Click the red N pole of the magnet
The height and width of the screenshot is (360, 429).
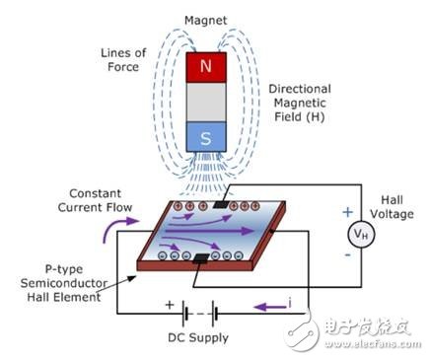pos(206,67)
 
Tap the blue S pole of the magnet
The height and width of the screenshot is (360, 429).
pos(206,137)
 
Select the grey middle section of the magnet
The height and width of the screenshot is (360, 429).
pos(206,102)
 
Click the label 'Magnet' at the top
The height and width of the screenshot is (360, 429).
pos(205,21)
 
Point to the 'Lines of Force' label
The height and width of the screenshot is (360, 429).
pos(123,60)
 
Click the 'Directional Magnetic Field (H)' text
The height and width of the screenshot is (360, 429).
pos(300,103)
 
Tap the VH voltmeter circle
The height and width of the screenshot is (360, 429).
pos(361,234)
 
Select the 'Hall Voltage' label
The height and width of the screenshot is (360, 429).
pos(392,207)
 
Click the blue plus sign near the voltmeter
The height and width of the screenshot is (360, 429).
pos(347,212)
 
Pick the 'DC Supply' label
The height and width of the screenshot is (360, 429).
pos(198,337)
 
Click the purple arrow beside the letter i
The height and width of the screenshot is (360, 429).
pos(269,308)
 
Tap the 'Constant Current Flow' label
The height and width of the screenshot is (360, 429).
pos(95,200)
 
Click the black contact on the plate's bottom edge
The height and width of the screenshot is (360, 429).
pos(201,258)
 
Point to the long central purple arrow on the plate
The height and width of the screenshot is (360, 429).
pos(209,231)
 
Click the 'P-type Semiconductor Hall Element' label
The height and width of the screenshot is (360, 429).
pos(64,283)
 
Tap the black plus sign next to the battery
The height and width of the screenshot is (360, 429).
pos(170,305)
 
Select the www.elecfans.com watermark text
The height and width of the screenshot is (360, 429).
pos(373,344)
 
